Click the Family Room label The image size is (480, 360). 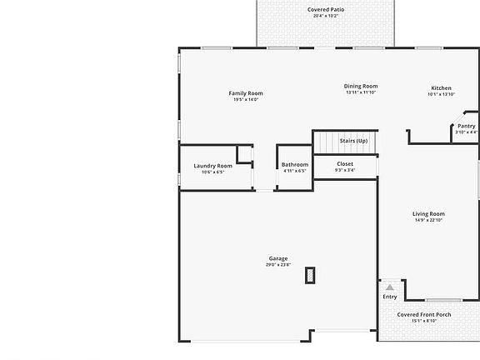pos(246,92)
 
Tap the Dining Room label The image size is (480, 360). pos(362,86)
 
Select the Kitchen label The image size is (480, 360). pos(441,87)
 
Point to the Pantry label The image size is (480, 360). pos(466,125)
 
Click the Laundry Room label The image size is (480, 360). pos(212,166)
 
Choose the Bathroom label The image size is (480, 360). pos(295,165)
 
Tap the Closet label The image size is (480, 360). pos(345,164)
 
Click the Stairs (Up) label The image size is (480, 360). pos(353,141)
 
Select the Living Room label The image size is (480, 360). pos(428,213)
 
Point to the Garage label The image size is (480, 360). pos(278,258)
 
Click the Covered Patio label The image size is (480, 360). pos(326,9)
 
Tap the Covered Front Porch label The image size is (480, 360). pos(424,314)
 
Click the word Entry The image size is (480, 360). pos(390,297)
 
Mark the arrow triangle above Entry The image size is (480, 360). pos(389,287)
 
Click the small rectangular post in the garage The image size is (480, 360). pos(310,276)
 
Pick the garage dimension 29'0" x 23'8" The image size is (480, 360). pos(278,265)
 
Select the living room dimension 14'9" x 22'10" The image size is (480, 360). pos(428,220)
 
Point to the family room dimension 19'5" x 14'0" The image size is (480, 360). pos(246,99)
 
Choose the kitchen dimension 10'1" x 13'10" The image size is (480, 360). pos(441,94)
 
